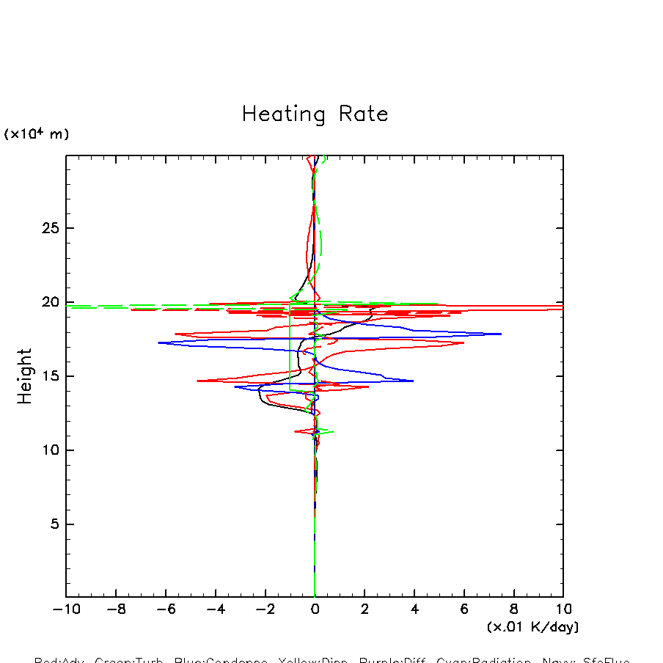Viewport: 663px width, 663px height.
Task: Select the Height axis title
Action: tap(26, 376)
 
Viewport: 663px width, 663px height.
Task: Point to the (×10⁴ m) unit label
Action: tap(37, 134)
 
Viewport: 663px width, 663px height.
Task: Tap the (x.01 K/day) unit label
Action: tap(532, 627)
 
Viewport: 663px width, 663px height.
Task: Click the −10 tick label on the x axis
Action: tap(66, 609)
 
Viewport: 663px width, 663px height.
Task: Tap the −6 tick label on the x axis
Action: tap(166, 609)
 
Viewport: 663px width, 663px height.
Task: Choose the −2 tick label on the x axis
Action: tap(265, 609)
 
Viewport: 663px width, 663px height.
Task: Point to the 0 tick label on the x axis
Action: tap(315, 609)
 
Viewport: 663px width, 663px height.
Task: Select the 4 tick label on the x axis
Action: tap(414, 609)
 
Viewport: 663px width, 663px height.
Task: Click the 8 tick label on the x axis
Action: tap(513, 609)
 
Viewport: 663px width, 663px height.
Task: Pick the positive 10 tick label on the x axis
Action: tap(563, 609)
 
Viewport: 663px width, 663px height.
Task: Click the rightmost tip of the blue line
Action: tap(501, 334)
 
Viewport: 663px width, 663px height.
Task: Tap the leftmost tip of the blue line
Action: tap(158, 343)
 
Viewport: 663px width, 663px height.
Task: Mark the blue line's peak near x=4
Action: tap(414, 381)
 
